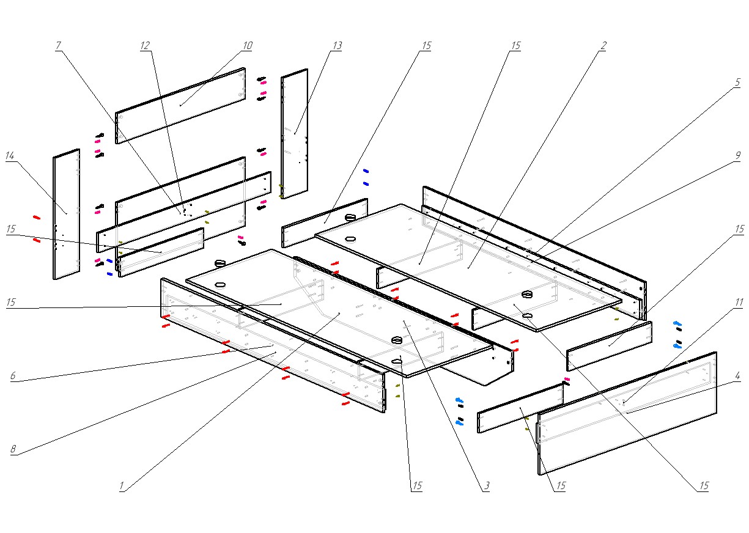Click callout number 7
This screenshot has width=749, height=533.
pyautogui.click(x=59, y=46)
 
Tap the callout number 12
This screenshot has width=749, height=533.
pyautogui.click(x=145, y=46)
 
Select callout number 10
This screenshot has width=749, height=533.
pyautogui.click(x=247, y=46)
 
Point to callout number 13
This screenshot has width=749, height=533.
pyautogui.click(x=338, y=46)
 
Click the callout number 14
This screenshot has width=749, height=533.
pyautogui.click(x=10, y=156)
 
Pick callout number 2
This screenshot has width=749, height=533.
pyautogui.click(x=603, y=46)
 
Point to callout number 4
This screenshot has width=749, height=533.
pyautogui.click(x=738, y=376)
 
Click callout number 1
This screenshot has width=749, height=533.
pyautogui.click(x=122, y=487)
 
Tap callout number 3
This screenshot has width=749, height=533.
pyautogui.click(x=487, y=487)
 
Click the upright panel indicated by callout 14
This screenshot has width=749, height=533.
pyautogui.click(x=66, y=214)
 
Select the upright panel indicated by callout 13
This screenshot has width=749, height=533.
pyautogui.click(x=294, y=134)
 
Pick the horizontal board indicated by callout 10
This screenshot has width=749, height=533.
pyautogui.click(x=180, y=105)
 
